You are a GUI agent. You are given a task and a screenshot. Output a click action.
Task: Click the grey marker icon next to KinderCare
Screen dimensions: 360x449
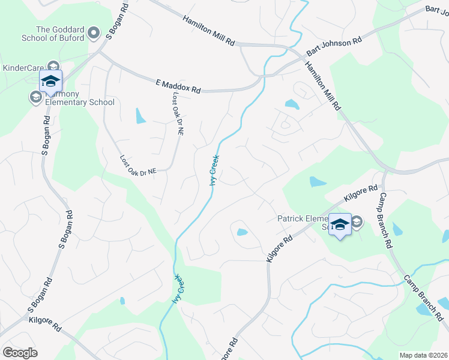53,67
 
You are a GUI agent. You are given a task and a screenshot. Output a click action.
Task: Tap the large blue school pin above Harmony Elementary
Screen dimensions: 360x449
50,82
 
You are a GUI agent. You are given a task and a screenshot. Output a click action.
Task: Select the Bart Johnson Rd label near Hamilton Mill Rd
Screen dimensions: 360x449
334,46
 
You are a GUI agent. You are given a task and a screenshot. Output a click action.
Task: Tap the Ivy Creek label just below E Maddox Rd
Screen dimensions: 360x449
214,170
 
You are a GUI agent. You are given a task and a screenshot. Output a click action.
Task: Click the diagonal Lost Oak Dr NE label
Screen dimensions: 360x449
137,166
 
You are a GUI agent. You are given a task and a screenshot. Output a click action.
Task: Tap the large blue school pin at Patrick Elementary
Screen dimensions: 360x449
340,225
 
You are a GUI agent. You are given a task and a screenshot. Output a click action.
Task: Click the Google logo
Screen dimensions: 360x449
20,352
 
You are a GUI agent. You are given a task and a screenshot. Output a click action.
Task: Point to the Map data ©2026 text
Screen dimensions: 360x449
423,355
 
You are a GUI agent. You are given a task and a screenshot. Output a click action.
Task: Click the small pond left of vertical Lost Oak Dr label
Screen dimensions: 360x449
140,115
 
